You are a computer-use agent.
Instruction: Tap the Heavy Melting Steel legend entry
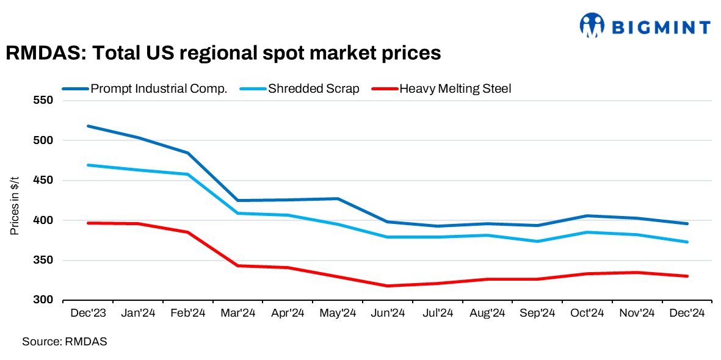(x=455, y=88)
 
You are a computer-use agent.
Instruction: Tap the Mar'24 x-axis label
(x=237, y=313)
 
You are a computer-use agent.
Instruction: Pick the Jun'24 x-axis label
(x=388, y=313)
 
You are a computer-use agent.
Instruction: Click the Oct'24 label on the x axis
(x=587, y=313)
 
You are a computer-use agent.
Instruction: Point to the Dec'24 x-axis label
(x=687, y=313)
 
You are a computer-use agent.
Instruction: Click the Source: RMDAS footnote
(x=65, y=342)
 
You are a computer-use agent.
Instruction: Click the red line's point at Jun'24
(x=388, y=286)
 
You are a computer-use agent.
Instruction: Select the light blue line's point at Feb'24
(x=187, y=175)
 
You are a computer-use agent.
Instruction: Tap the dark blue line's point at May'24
(x=338, y=198)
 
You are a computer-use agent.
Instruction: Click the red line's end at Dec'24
(x=687, y=276)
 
